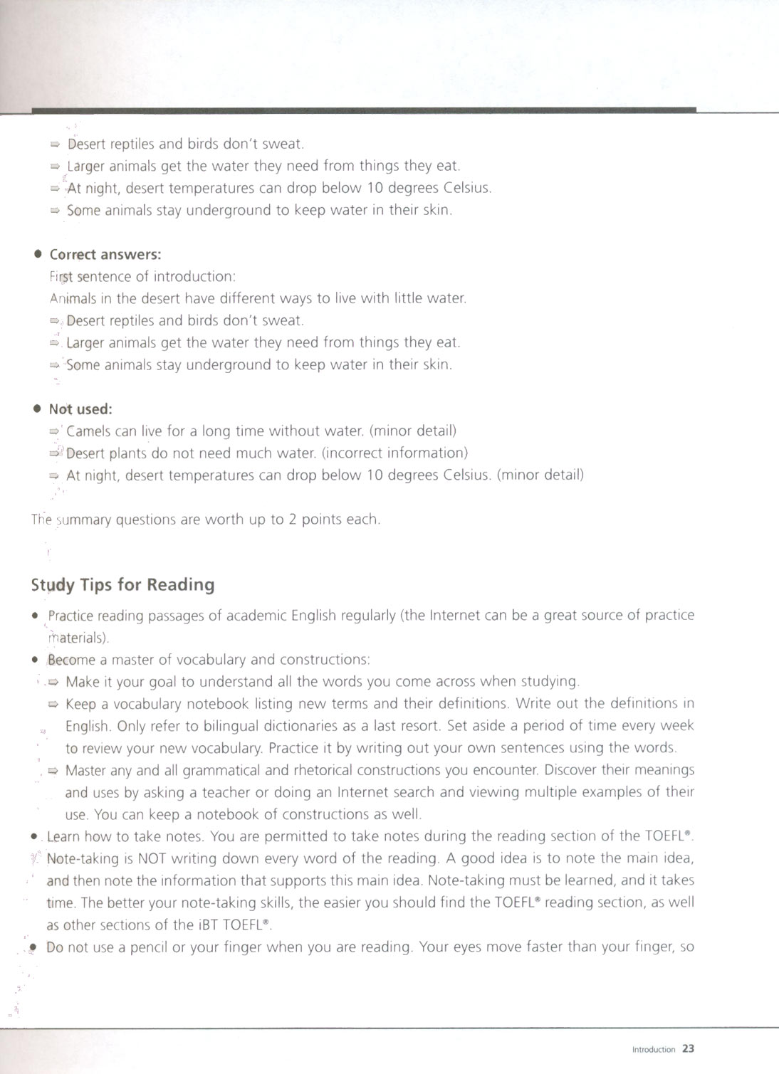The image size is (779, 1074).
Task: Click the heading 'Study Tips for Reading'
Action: click(x=122, y=585)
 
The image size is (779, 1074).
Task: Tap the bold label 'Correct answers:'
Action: click(x=105, y=255)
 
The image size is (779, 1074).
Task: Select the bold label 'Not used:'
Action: click(x=80, y=409)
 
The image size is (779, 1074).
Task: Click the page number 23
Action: click(x=688, y=1048)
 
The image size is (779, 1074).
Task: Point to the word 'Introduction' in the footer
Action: click(x=653, y=1049)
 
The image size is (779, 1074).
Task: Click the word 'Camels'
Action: click(x=88, y=431)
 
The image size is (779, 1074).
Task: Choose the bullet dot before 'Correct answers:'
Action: click(x=38, y=254)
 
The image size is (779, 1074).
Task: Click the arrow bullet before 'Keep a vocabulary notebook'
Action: click(x=53, y=705)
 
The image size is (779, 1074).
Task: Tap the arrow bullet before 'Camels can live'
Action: click(x=54, y=431)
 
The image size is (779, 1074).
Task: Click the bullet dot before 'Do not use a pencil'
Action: click(x=32, y=947)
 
